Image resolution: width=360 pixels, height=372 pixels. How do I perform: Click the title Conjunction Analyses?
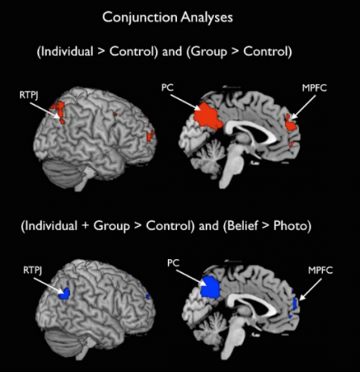(167, 18)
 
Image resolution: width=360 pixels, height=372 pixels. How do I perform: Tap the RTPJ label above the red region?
(29, 95)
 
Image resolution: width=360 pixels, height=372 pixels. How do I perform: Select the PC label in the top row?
(167, 88)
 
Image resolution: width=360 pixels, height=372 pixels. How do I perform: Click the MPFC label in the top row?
(315, 88)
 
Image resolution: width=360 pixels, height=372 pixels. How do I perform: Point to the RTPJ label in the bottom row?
(33, 270)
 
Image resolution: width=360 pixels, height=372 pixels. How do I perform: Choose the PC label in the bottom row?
(173, 263)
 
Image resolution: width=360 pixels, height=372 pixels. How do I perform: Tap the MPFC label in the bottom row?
(321, 270)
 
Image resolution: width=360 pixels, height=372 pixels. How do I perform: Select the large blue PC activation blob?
(210, 287)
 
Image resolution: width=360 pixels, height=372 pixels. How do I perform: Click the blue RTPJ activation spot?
(65, 294)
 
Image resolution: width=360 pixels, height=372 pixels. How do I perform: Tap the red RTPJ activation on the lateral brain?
(59, 110)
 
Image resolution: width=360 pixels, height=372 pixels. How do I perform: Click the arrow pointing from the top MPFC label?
(303, 107)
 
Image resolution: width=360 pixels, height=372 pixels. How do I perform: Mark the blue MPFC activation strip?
(295, 304)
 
